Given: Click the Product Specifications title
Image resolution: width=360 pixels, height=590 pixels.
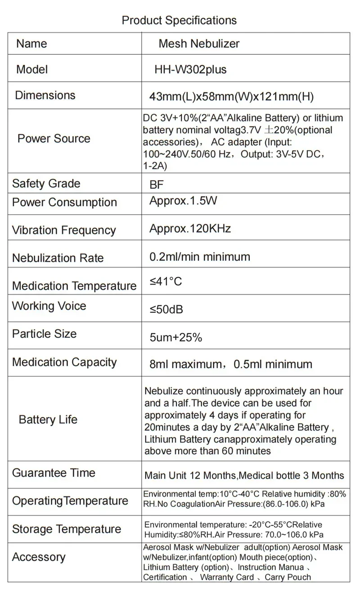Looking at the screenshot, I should coord(179,20).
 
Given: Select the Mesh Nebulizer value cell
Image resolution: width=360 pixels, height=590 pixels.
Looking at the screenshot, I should coord(199,44).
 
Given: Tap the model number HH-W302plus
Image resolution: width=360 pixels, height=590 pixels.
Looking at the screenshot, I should coord(190,69).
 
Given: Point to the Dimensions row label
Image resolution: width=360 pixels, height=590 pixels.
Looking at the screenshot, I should coord(45,95).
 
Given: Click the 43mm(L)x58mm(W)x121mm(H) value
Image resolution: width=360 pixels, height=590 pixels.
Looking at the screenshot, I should coord(231,96).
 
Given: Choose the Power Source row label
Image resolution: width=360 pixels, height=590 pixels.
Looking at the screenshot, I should coord(54,139).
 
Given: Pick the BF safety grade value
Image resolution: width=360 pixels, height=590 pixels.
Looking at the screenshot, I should coord(157,184).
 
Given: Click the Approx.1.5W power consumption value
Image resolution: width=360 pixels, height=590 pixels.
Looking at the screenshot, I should coord(183,201).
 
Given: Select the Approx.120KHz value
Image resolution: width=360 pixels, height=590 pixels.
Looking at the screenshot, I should coord(190,228).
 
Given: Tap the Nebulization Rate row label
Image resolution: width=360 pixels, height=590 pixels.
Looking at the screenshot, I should coord(58,258).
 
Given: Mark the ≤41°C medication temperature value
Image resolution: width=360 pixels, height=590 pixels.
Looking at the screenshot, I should coord(166,282).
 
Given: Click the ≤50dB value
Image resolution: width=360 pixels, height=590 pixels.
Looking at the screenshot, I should coord(166,310).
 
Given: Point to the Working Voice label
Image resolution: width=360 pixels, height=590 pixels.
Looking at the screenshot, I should coord(49,306).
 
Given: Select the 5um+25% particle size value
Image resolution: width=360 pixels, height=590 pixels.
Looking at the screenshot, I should coord(175,337).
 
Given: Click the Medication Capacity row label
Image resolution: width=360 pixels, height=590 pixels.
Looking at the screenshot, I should coord(64,362).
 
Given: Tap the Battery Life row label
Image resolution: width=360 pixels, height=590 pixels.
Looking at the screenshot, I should coord(48,420).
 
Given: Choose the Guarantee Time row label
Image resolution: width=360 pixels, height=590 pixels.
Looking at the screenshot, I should coord(54,473).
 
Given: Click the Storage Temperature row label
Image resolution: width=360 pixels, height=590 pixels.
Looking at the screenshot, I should coord(66,529).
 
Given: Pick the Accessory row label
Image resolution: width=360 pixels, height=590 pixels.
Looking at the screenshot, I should coord(39,557).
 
